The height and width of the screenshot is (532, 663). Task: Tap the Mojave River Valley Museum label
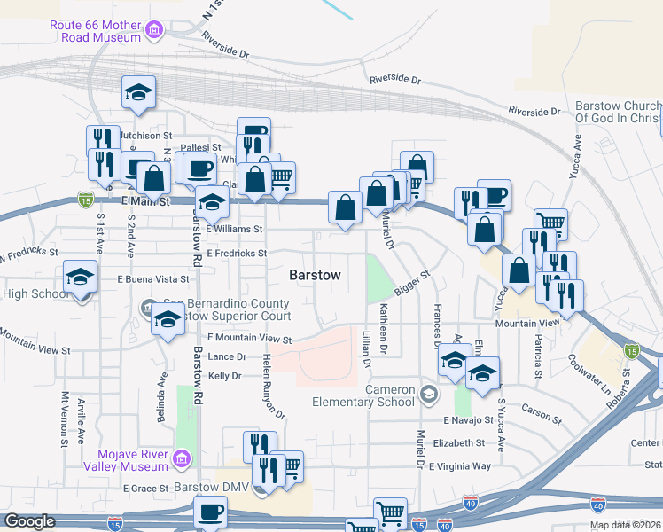point(126,459)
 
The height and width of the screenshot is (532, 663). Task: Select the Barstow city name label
point(315,276)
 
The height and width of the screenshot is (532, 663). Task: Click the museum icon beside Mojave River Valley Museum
point(183,458)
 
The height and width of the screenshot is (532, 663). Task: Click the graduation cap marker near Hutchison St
point(139,93)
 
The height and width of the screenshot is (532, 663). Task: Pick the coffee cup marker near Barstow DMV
point(210,513)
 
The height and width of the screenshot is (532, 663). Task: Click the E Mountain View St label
point(249,339)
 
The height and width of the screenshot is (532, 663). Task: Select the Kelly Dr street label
point(224,376)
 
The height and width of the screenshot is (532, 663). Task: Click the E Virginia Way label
point(459,466)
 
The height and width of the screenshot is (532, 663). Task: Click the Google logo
point(29,521)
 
